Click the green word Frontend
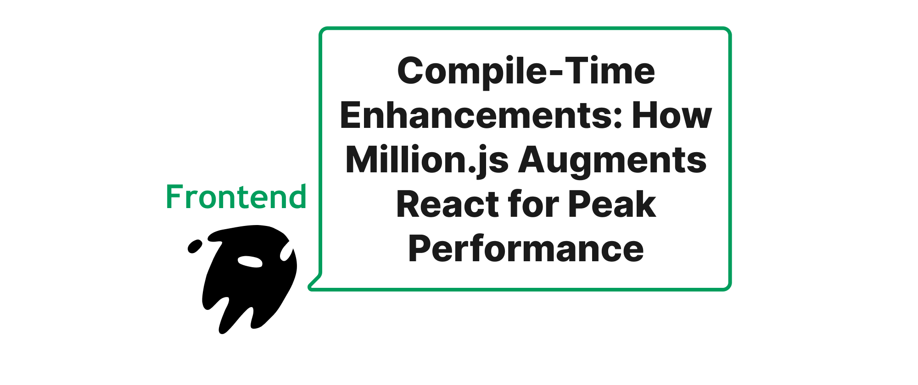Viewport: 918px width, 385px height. coord(236,197)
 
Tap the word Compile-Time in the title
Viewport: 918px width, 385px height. coord(526,71)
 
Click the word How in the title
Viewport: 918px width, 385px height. coord(672,115)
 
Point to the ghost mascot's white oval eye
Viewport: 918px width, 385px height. coord(250,261)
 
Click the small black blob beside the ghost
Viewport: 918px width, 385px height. coord(195,246)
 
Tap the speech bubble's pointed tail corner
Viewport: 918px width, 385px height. coord(309,287)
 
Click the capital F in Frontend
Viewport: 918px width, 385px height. coord(174,197)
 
